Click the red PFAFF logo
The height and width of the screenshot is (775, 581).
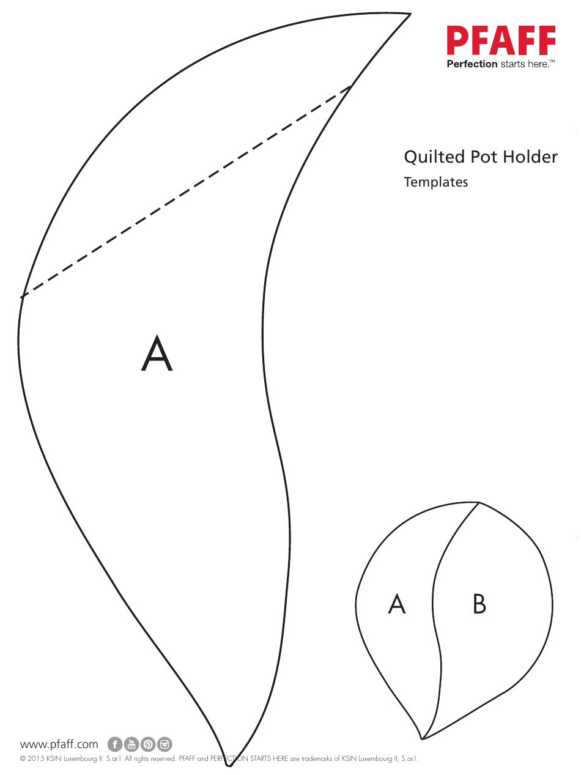tap(501, 42)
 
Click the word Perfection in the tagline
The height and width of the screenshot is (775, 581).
tap(472, 64)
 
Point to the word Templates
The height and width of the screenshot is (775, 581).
tap(435, 182)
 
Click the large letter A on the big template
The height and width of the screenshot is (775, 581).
tap(157, 354)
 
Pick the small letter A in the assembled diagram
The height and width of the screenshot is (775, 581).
tap(397, 604)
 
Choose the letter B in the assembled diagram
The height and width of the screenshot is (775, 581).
tap(479, 604)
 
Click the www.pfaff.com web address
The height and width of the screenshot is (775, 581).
tap(59, 744)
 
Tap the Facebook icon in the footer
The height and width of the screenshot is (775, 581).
tap(115, 744)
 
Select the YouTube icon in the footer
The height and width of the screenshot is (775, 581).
tap(131, 744)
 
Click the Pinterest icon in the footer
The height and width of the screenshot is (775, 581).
tap(148, 744)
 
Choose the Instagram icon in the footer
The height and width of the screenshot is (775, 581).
tap(165, 744)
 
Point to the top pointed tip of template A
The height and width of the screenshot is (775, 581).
tap(410, 14)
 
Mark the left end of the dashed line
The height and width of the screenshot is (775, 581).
tap(22, 297)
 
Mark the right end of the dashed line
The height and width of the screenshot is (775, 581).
tap(350, 86)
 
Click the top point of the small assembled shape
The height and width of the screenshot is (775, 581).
tap(478, 503)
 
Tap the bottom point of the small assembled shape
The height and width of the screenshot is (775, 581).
tap(423, 738)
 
